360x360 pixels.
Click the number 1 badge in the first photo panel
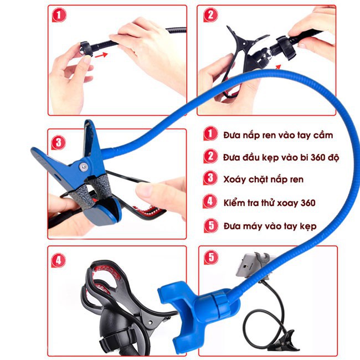[59, 15]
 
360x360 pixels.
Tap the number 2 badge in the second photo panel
[210, 15]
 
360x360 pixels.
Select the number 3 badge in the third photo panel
[59, 142]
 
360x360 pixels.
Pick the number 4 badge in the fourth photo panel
[59, 260]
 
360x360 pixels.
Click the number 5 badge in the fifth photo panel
[211, 257]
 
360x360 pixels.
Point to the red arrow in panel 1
[101, 55]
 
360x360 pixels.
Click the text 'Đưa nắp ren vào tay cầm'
[278, 135]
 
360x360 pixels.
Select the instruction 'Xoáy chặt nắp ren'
[263, 179]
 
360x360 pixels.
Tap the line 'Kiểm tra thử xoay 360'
[269, 203]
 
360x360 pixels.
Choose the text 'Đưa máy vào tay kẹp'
[270, 226]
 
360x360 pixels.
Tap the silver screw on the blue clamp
[83, 167]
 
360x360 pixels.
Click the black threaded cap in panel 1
[86, 48]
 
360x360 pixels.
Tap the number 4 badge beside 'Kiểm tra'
[210, 202]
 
